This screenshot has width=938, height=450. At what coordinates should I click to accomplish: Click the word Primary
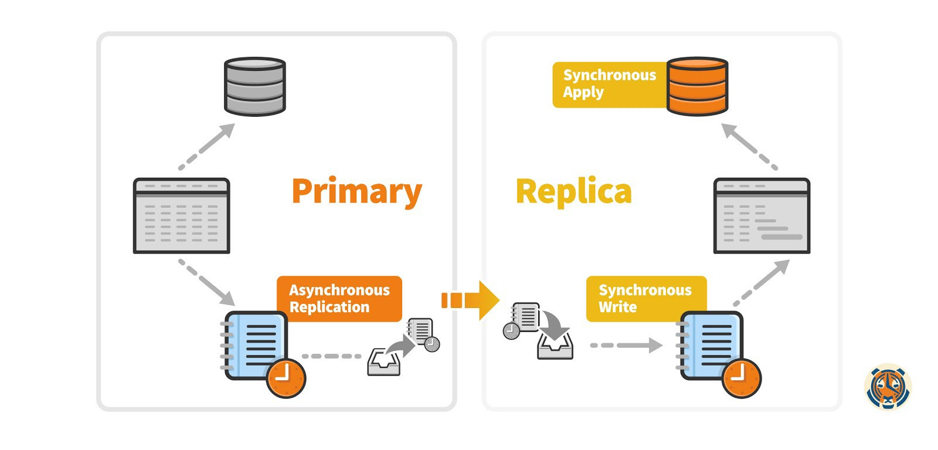click(356, 192)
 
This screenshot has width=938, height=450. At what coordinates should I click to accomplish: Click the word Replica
click(573, 192)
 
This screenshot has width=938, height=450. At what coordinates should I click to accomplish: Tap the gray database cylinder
click(255, 86)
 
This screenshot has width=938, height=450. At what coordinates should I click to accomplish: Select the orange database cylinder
click(697, 86)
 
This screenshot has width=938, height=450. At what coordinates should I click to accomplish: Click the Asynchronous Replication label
click(339, 299)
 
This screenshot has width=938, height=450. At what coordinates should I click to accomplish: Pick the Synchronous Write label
click(645, 299)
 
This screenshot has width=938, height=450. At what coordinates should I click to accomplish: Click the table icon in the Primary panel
click(181, 216)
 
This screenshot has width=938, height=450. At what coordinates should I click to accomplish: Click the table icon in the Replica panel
click(762, 216)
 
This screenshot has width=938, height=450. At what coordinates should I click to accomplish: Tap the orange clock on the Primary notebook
click(286, 378)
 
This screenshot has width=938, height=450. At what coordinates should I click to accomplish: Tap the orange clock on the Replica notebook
click(742, 378)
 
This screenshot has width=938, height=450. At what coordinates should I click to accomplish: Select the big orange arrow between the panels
click(471, 300)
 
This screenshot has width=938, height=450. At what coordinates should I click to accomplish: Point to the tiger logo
click(888, 387)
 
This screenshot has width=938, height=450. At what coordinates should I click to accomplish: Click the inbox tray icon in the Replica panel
click(555, 346)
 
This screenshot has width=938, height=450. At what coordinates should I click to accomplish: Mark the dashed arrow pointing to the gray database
click(206, 146)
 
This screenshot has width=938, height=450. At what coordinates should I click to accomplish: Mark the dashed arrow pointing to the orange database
click(749, 147)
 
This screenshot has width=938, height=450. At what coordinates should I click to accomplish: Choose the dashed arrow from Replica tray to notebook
click(626, 345)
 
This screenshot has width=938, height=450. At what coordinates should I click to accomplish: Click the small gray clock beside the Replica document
click(511, 331)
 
